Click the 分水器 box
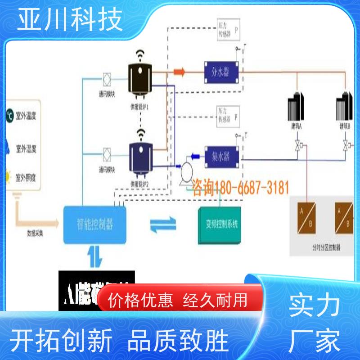pyautogui.click(x=220, y=71)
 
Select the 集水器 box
pyautogui.click(x=220, y=156)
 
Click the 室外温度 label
pyautogui.click(x=26, y=116)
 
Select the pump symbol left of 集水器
pyautogui.click(x=184, y=172)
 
